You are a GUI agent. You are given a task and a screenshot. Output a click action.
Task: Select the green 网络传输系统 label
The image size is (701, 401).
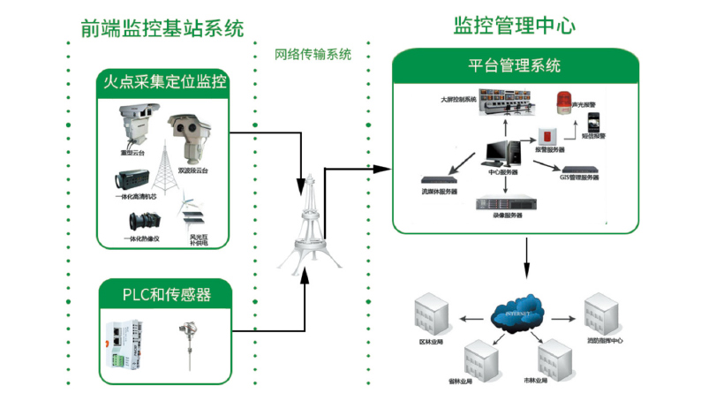click(313, 54)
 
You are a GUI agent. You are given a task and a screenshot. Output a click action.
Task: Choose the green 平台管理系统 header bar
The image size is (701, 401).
click(514, 66)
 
